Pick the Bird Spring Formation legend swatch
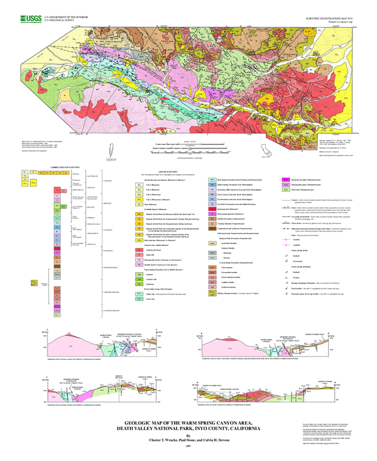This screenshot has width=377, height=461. click(212, 179)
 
